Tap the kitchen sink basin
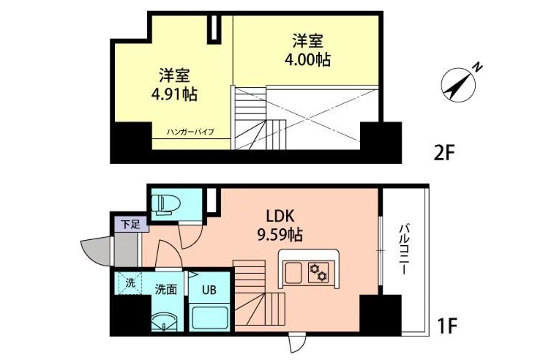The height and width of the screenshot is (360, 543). pos(293,272)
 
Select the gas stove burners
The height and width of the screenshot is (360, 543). pos(318,271)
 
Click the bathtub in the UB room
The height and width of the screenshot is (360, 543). pos(209,317)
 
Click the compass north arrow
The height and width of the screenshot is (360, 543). pos(458,84)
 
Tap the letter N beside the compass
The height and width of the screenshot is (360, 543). pos(478,67)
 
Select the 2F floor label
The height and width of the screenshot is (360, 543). pos(443,152)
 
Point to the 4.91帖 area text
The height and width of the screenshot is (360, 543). pos(174,94)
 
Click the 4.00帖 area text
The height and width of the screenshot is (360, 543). pos(307,59)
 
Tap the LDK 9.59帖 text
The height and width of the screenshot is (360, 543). pos(280,225)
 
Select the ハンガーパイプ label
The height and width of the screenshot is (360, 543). pos(190,132)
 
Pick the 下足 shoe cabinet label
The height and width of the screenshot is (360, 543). pos(130,225)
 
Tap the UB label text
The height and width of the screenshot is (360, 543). pos(209,289)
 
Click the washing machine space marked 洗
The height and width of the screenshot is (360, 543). pos(129,283)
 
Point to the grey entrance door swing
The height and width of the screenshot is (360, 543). pos(96,250)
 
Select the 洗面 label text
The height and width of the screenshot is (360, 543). pos(166,289)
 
